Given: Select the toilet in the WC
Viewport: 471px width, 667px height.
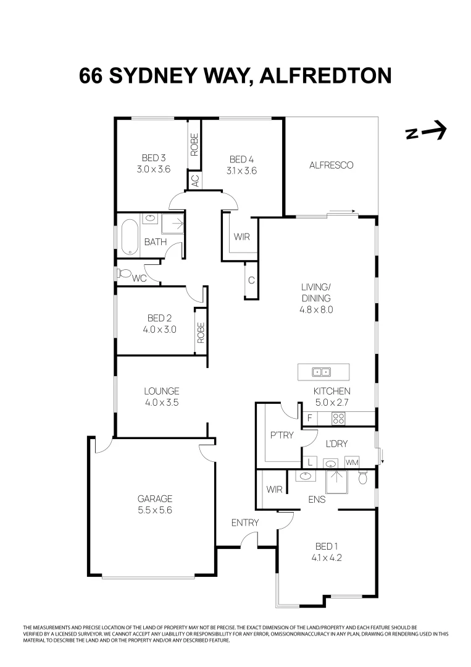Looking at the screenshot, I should pos(123,273).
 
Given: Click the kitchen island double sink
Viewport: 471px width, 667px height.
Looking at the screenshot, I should pos(321,372).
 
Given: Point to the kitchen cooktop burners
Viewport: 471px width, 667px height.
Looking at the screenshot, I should pos(338,418).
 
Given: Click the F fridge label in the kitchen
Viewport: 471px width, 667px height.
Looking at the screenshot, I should pos(309,418).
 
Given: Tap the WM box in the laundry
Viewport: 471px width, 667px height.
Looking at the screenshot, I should pos(352,462).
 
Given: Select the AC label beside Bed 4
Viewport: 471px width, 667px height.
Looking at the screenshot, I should pos(194,180).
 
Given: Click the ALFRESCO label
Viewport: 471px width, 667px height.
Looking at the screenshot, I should pos(331,165).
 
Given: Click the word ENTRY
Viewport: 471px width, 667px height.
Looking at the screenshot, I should pos(245,522).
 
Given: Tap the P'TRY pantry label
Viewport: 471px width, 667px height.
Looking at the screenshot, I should pos(281,435).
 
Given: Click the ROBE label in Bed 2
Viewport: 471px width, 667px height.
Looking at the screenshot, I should pos(201,332).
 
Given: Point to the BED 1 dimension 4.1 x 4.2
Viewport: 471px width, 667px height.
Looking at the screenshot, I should pos(328,556).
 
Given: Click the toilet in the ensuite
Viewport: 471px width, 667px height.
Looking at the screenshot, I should pos(363,478).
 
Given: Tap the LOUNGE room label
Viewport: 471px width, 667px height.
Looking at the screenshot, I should pos(161,391).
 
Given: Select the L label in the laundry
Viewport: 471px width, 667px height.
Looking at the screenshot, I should pos(309,462).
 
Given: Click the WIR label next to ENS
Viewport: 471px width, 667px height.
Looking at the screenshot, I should pos(274,490).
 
